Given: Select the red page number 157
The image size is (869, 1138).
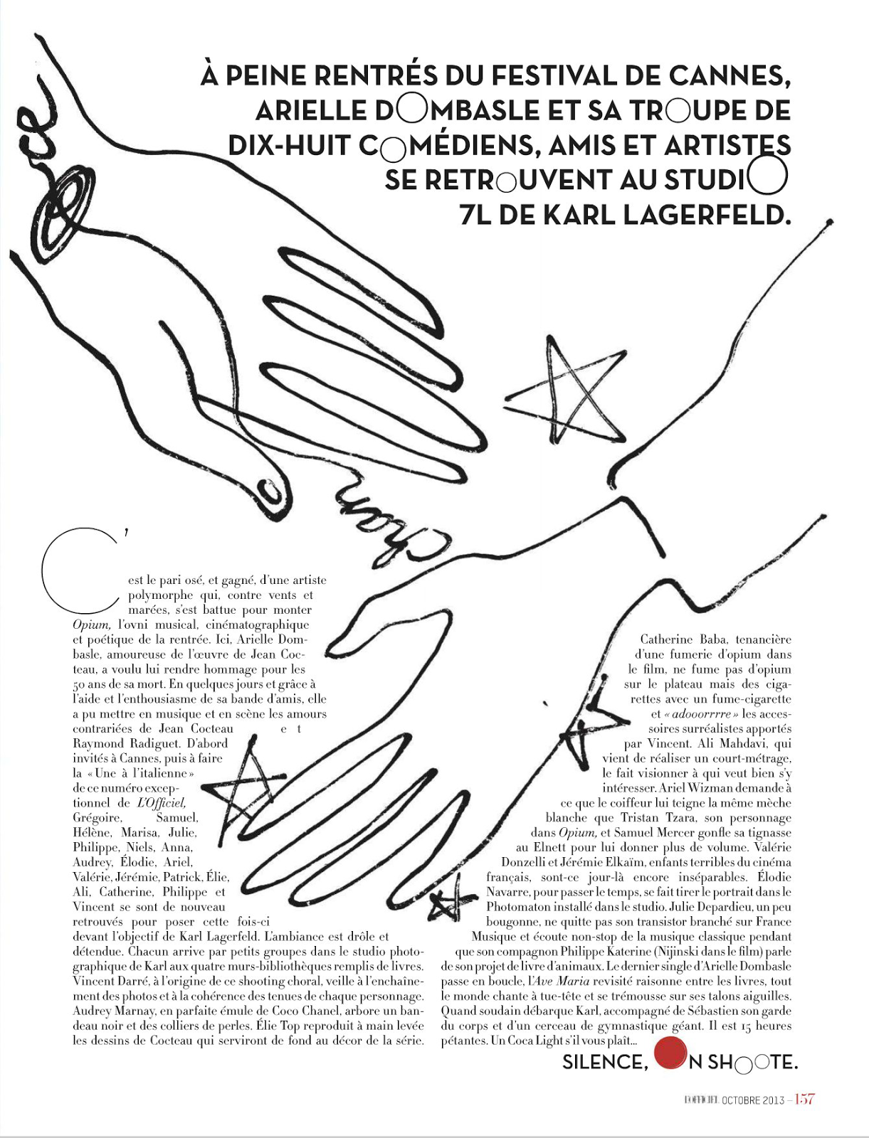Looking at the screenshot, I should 804,1100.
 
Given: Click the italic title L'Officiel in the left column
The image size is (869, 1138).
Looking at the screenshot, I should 161,803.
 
